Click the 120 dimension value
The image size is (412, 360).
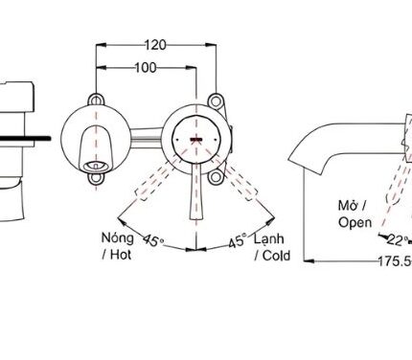coord(157,44)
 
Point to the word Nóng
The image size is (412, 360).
coord(117,236)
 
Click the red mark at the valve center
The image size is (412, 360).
coord(195,140)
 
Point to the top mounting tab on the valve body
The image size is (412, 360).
coord(212,98)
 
